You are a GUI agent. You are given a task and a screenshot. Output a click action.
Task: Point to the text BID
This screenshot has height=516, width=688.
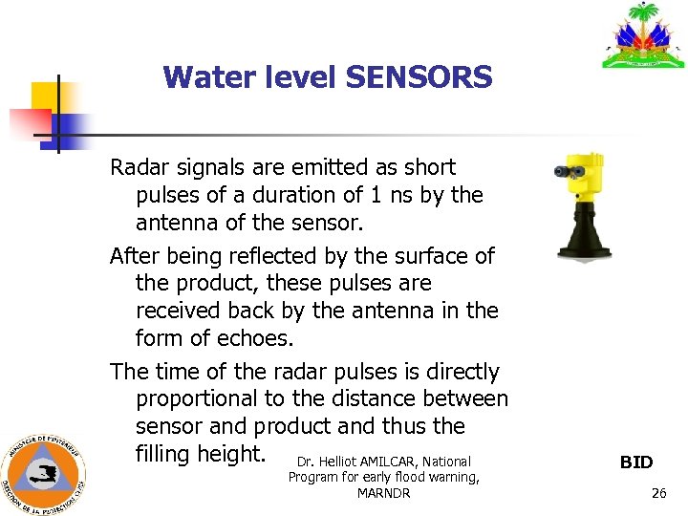[636, 462]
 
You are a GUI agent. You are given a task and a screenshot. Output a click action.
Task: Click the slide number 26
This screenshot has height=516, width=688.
[658, 493]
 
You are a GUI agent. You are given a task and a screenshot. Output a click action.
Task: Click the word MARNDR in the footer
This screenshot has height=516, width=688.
[383, 493]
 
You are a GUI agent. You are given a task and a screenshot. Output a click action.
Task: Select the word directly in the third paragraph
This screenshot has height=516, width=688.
[452, 372]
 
